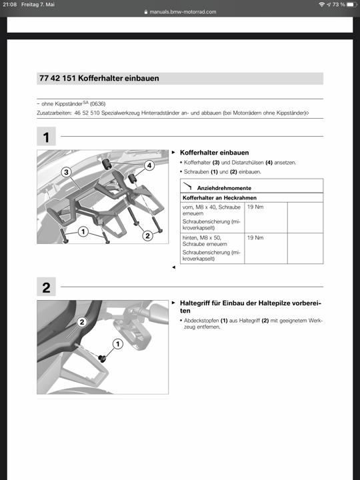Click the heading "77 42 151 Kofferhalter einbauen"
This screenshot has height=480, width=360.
(99, 79)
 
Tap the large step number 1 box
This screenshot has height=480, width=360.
(46, 136)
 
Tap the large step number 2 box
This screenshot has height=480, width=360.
(46, 287)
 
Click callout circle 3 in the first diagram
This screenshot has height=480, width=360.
(66, 173)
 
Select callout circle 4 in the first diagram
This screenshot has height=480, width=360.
(149, 165)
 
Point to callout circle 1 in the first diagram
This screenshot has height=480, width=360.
(83, 232)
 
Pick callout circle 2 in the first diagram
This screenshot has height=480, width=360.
(147, 236)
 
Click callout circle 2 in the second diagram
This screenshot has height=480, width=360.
(82, 322)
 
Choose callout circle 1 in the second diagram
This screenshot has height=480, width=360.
(118, 344)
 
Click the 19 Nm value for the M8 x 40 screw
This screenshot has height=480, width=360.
(255, 207)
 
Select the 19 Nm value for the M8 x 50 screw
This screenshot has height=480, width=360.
(255, 237)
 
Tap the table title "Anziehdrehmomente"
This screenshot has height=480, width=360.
(224, 188)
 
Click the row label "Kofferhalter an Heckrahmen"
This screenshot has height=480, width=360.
(219, 198)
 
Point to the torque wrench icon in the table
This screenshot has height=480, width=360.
(188, 186)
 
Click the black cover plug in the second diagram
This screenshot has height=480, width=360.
(102, 357)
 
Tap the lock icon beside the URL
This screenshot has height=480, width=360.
(146, 12)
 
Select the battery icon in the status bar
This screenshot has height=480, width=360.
(352, 5)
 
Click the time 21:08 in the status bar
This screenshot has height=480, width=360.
(10, 5)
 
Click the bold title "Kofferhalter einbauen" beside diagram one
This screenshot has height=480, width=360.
(214, 153)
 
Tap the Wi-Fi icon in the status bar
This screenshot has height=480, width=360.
(321, 5)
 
